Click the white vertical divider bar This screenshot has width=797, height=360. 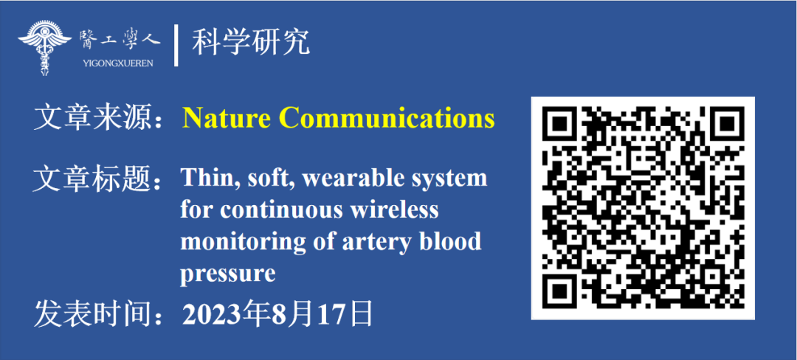point(176,45)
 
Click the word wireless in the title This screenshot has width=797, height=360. point(394,210)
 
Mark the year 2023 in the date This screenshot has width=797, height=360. point(213,314)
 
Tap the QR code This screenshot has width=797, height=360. point(643,208)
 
